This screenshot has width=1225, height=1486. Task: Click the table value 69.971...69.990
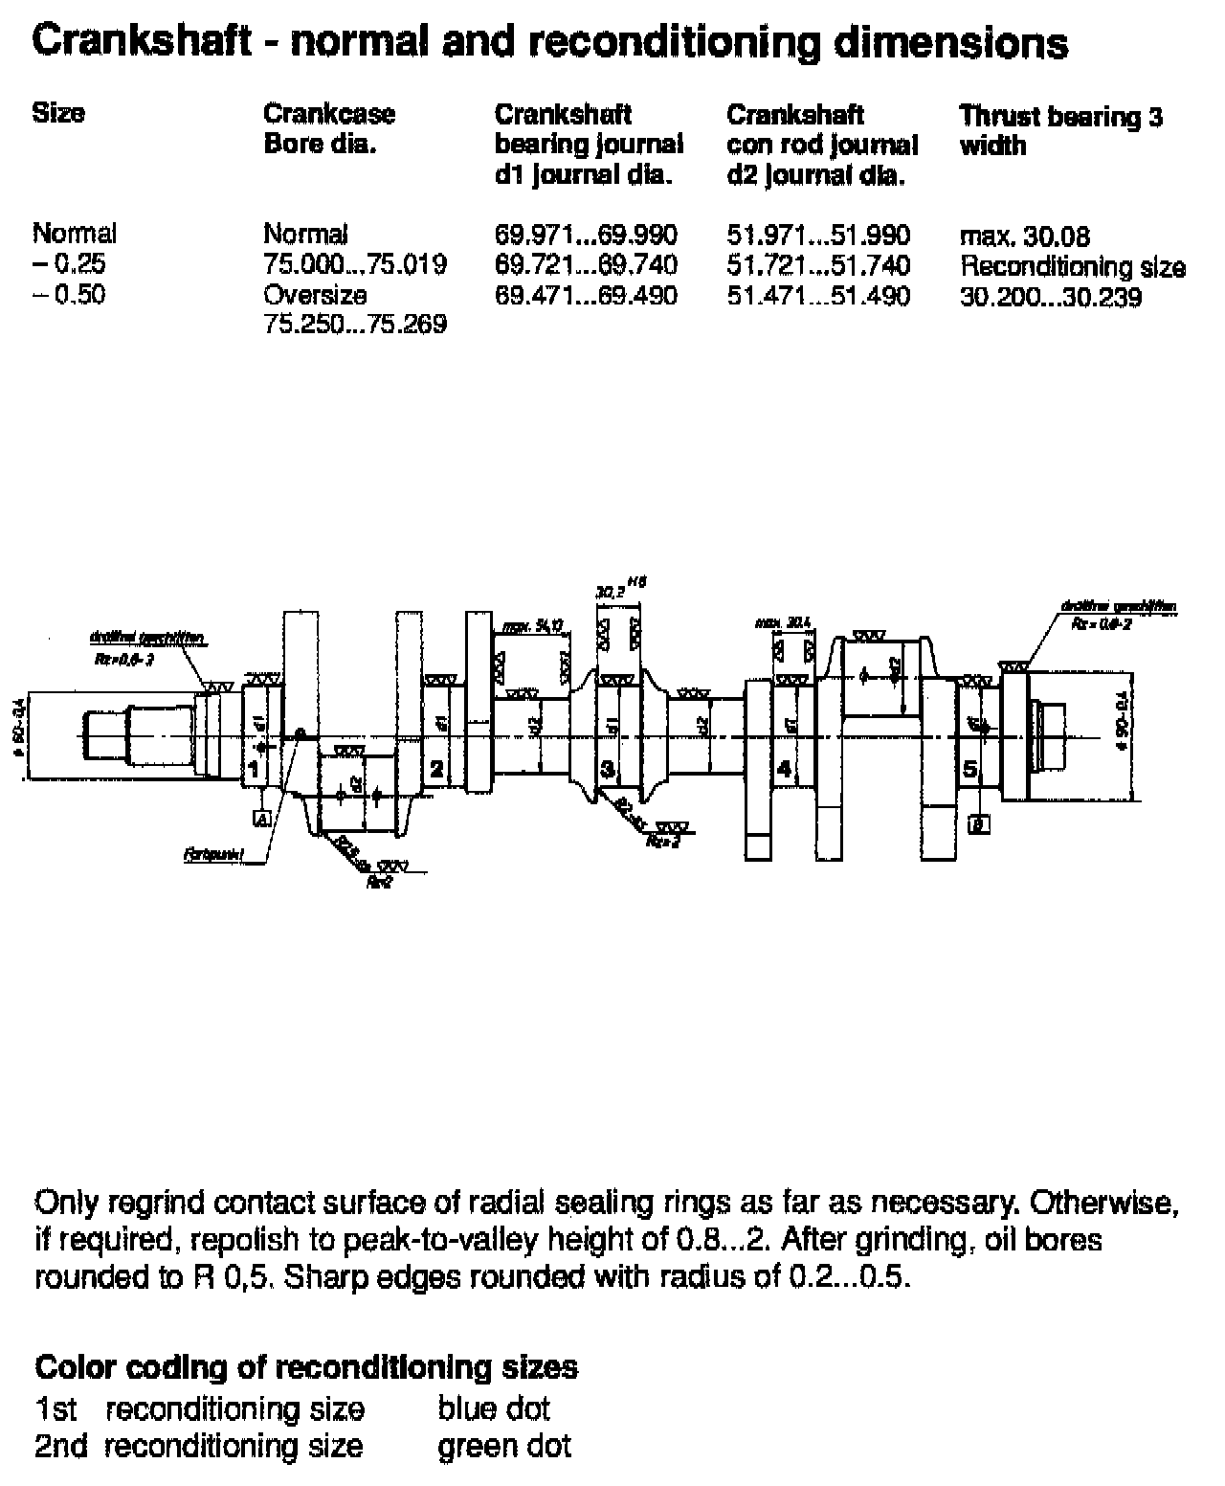[586, 235]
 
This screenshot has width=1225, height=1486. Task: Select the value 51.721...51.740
[818, 265]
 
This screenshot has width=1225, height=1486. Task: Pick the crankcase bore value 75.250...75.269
[355, 325]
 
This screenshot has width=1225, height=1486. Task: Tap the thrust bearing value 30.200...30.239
[1051, 298]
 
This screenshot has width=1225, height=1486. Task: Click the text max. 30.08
[1024, 236]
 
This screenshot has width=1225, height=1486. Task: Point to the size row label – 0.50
[69, 294]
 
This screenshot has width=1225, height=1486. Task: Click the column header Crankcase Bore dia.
[328, 129]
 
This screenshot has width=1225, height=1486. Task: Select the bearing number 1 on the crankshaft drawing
[254, 769]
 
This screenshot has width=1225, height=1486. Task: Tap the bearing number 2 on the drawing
[436, 769]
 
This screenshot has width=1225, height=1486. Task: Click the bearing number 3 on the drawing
[608, 769]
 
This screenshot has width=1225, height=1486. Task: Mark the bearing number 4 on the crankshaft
[785, 769]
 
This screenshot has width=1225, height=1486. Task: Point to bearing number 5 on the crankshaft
[970, 769]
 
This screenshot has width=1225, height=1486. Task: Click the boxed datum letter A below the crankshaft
[260, 819]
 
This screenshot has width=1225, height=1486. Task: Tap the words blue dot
[494, 1408]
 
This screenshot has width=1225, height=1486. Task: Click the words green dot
[504, 1445]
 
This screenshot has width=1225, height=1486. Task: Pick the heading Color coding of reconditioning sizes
[306, 1366]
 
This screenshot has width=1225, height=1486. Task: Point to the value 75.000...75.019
[355, 264]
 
